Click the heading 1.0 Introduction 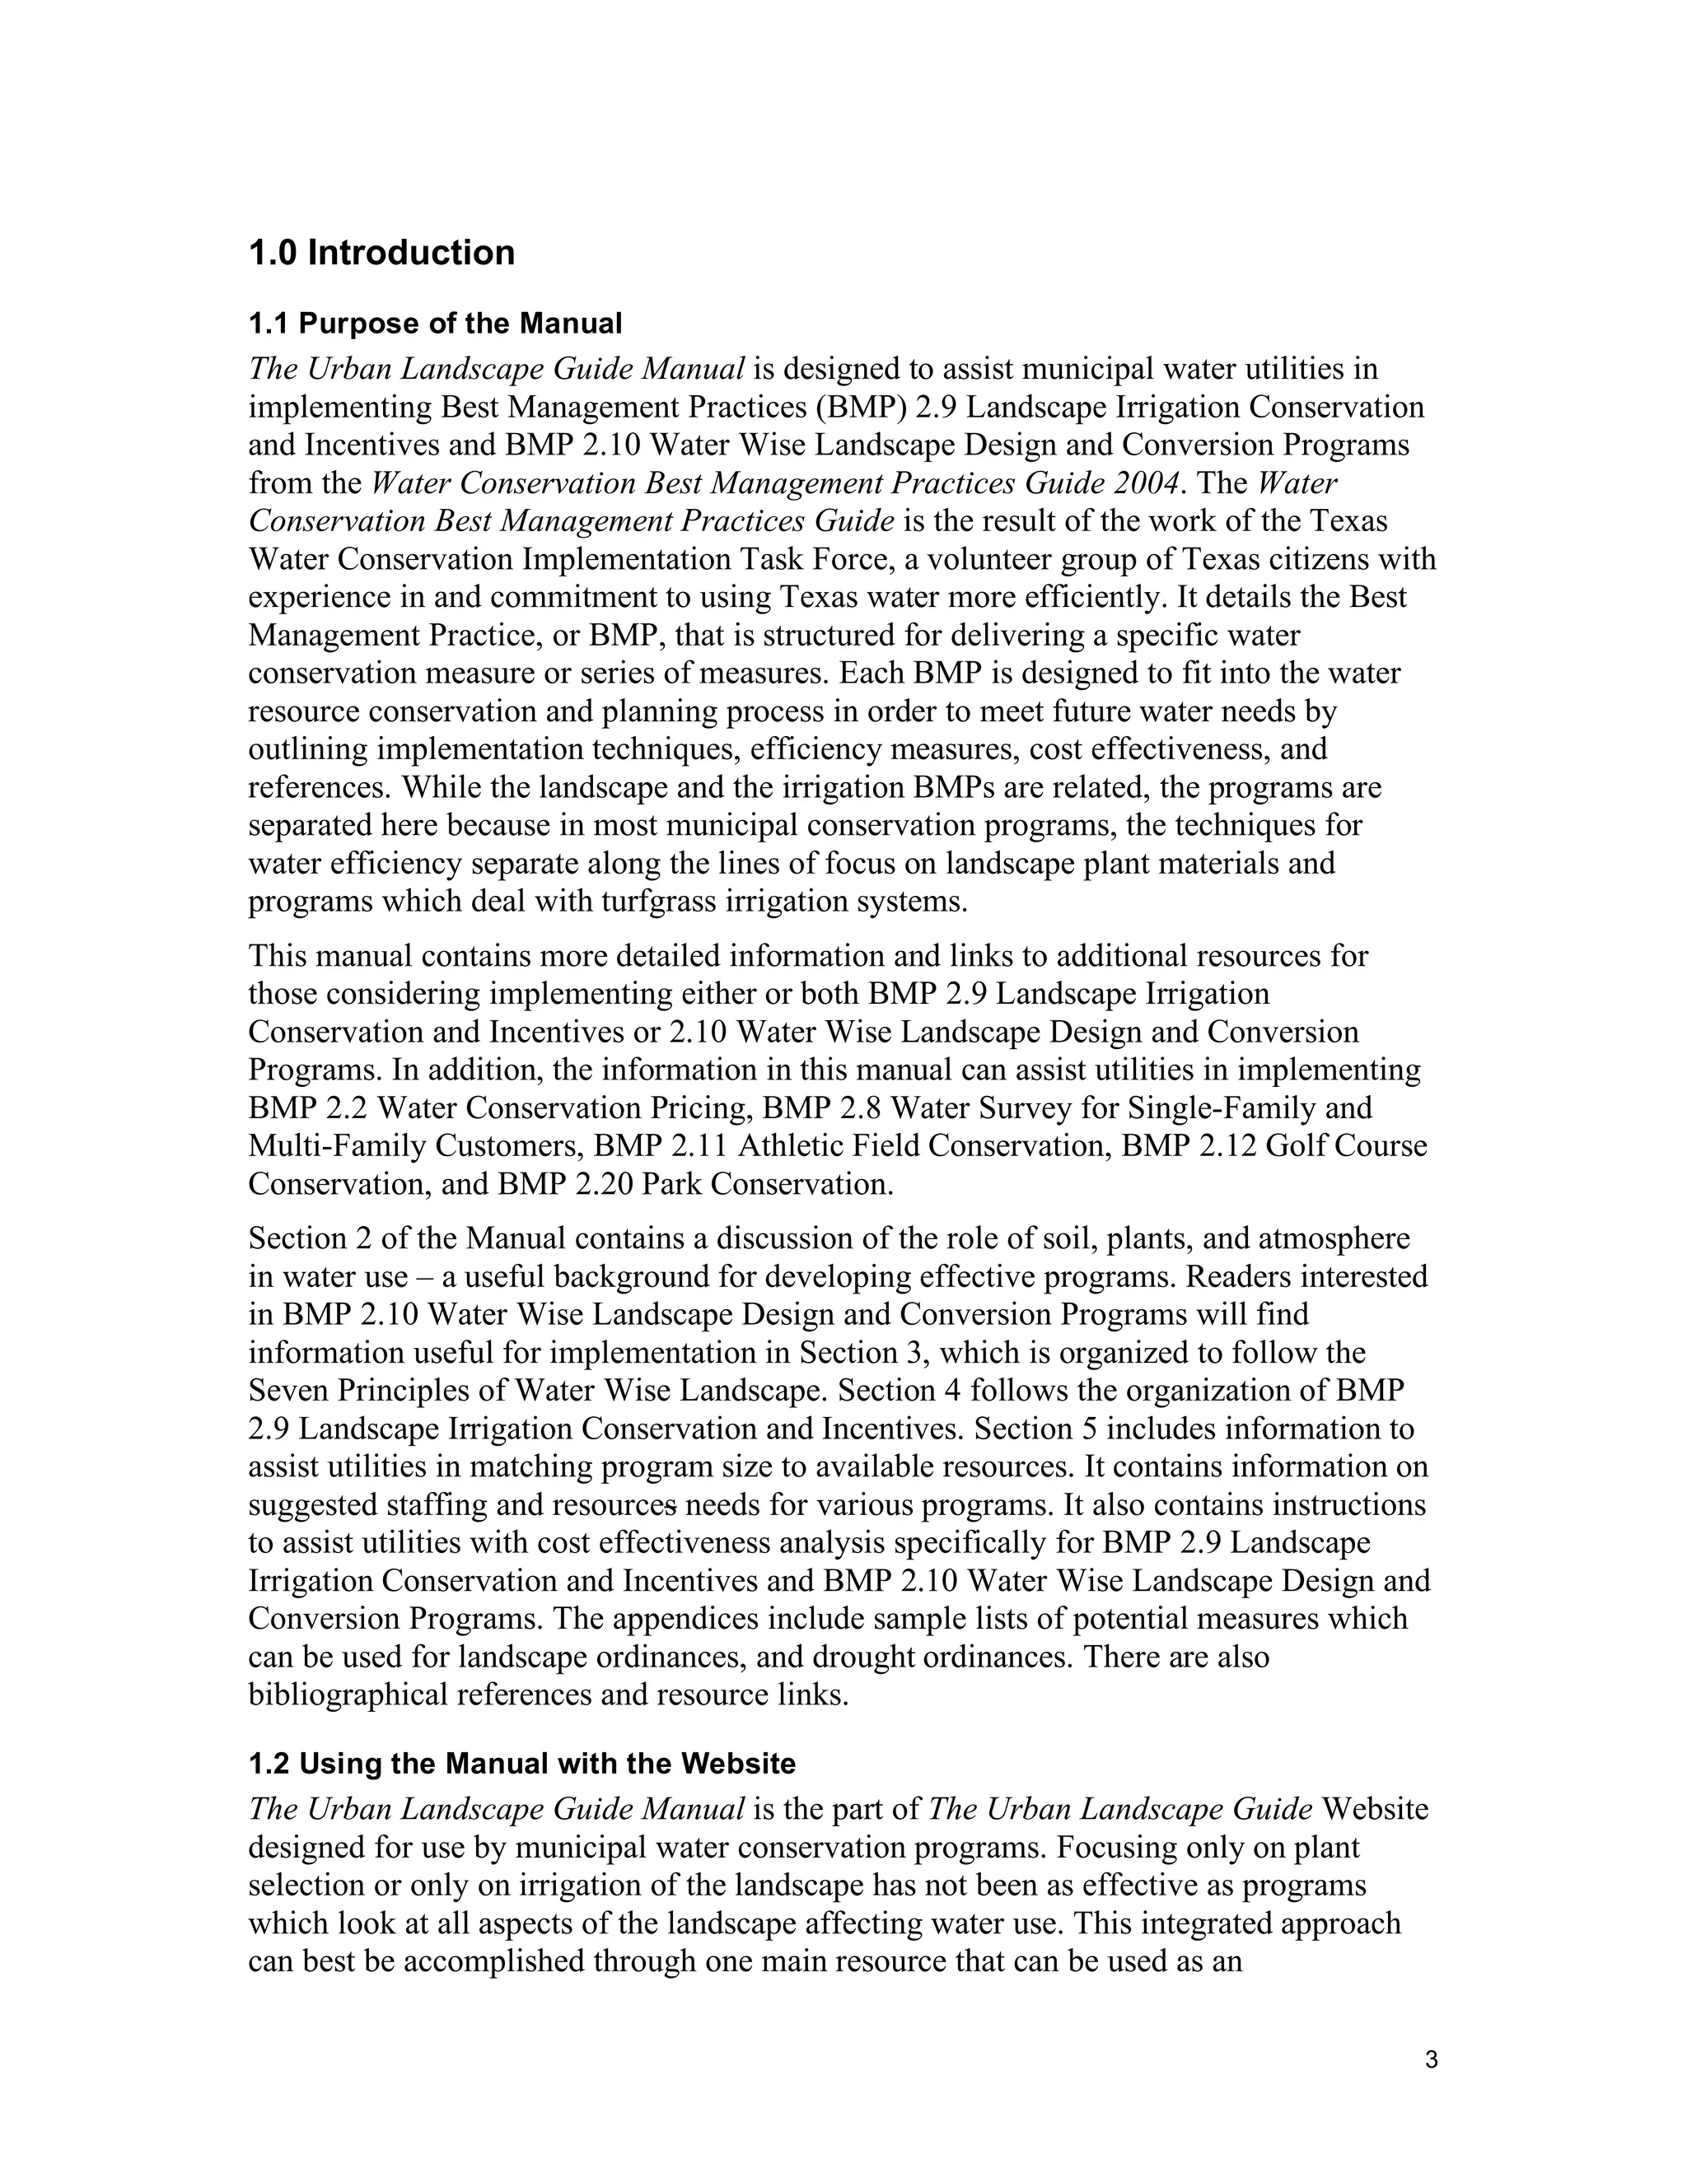point(381,253)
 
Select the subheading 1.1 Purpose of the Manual point(435,324)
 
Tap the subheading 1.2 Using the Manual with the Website point(521,1764)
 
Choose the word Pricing point(699,1109)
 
